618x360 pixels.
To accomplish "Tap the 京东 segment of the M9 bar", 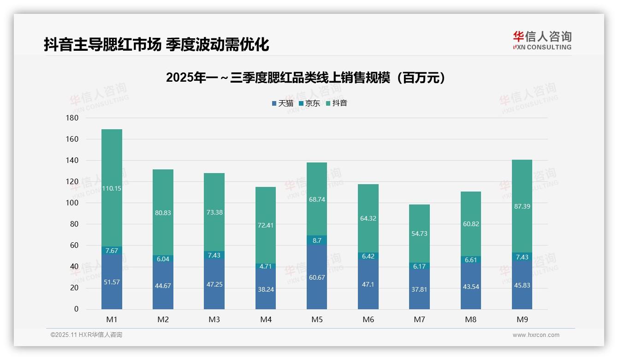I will click(x=522, y=257).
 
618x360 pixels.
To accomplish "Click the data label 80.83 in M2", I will click(x=163, y=213).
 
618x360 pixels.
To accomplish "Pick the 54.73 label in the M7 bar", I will click(x=419, y=234).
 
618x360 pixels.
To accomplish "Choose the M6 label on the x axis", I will click(x=368, y=319).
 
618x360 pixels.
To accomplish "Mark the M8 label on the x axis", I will click(x=470, y=319).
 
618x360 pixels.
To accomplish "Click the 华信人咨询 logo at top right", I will click(x=542, y=40).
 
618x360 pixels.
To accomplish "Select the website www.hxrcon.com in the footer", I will click(x=535, y=335).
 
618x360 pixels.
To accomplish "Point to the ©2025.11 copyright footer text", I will click(x=86, y=335).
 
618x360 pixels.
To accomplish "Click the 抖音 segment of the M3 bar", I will click(x=214, y=212).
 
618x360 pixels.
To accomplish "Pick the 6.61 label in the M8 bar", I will click(x=470, y=260).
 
